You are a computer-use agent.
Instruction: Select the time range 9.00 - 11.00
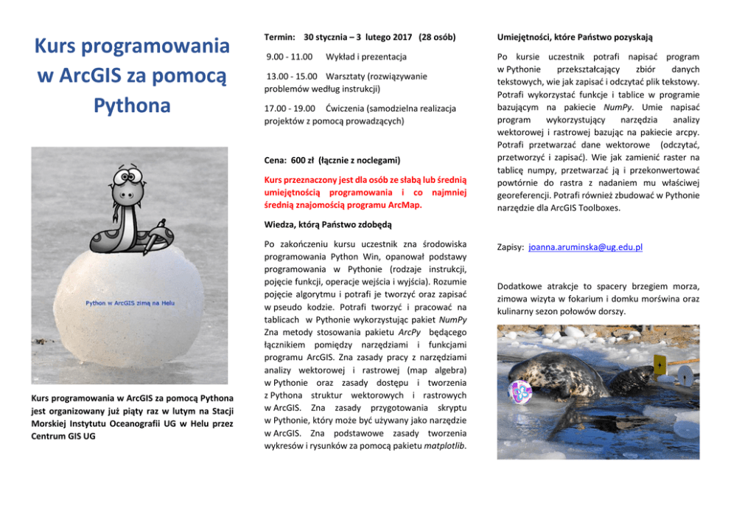pyautogui.click(x=289, y=56)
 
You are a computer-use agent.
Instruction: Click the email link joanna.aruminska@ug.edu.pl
pyautogui.click(x=585, y=247)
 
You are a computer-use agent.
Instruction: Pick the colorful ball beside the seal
pyautogui.click(x=522, y=390)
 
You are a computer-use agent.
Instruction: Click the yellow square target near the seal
pyautogui.click(x=659, y=365)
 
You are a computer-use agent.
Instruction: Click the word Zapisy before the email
pyautogui.click(x=511, y=247)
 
